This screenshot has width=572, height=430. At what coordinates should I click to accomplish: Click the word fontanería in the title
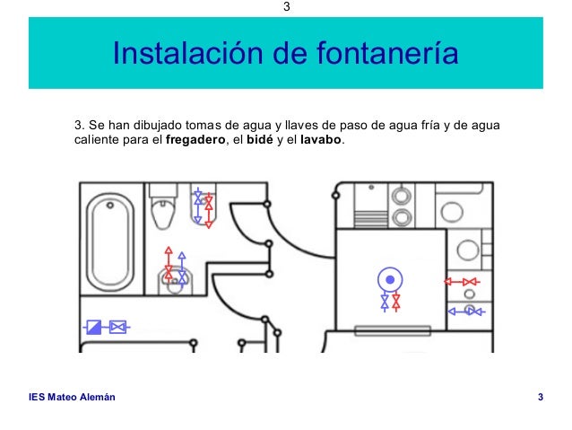pyautogui.click(x=387, y=53)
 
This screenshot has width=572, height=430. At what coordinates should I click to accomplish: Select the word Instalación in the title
pyautogui.click(x=188, y=53)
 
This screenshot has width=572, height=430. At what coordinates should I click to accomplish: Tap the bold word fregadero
pyautogui.click(x=195, y=140)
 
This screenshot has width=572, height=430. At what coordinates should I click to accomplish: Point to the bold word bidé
pyautogui.click(x=260, y=139)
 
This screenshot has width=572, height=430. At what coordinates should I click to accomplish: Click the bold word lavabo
pyautogui.click(x=321, y=139)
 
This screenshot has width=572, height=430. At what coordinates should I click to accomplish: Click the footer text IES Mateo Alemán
pyautogui.click(x=72, y=397)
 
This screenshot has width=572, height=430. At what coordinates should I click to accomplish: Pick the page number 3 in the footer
pyautogui.click(x=541, y=397)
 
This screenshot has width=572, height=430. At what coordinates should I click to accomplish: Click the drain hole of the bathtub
pyautogui.click(x=109, y=206)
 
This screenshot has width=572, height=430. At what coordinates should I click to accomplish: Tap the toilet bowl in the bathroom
pyautogui.click(x=162, y=215)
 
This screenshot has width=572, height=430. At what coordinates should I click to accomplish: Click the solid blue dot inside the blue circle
pyautogui.click(x=390, y=280)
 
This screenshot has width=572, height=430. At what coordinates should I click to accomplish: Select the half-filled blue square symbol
pyautogui.click(x=94, y=328)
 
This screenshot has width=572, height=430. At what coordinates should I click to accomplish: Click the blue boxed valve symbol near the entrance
pyautogui.click(x=117, y=327)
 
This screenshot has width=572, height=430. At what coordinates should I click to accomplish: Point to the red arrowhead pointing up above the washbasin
pyautogui.click(x=169, y=250)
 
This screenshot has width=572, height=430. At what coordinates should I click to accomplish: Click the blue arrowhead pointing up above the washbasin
pyautogui.click(x=182, y=255)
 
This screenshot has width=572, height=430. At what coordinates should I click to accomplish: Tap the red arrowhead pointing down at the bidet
pyautogui.click(x=209, y=224)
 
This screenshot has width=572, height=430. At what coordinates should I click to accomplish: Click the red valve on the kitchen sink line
pyautogui.click(x=470, y=282)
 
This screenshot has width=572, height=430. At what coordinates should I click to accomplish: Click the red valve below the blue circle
pyautogui.click(x=396, y=303)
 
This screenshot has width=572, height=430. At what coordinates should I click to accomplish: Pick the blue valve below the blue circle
pyautogui.click(x=385, y=303)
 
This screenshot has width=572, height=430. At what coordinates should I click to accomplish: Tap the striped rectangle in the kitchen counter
pyautogui.click(x=370, y=219)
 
